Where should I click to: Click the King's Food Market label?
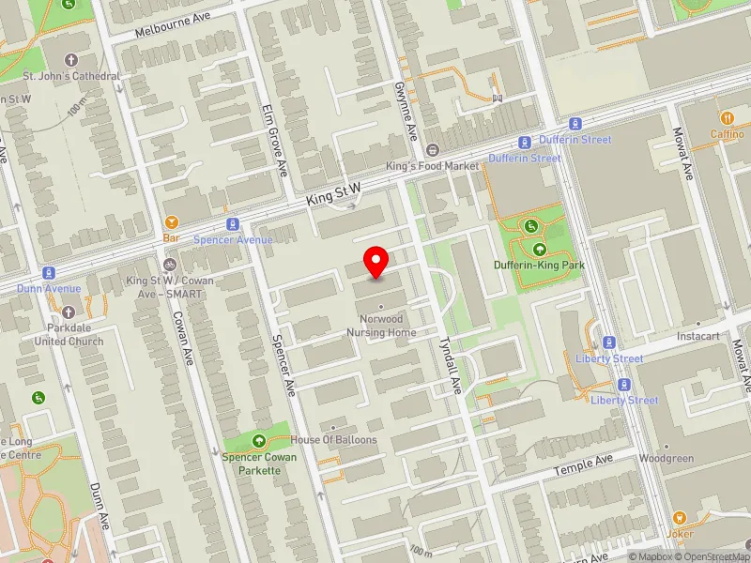pos(433,166)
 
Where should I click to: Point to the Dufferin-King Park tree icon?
pos(540,250)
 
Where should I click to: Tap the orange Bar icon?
pos(172,222)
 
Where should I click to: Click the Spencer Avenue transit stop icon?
pos(232,224)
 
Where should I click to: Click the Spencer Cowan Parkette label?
pos(260,463)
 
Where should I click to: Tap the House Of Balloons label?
pos(333,440)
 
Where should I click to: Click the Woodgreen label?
pos(666,459)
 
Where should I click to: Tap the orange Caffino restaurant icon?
pos(727,117)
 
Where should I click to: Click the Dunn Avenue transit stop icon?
pos(48,272)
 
